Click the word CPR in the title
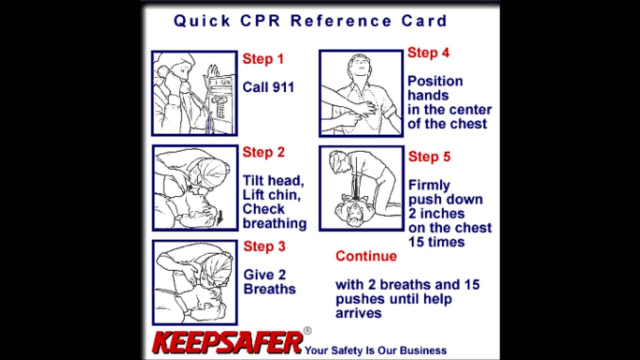coord(260,21)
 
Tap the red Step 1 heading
coord(263,59)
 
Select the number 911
coord(283,87)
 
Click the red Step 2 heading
coord(263,152)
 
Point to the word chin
coord(285,195)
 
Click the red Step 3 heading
coord(264,246)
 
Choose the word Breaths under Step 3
coord(269,289)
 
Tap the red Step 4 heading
coord(428,52)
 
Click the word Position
coord(435,81)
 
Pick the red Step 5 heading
coord(429,156)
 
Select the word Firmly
coord(429,185)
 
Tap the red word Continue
coord(366,256)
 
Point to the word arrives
coord(358,313)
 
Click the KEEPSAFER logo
coord(227,342)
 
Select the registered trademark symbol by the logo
coord(307,331)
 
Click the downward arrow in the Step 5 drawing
coord(356,177)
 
